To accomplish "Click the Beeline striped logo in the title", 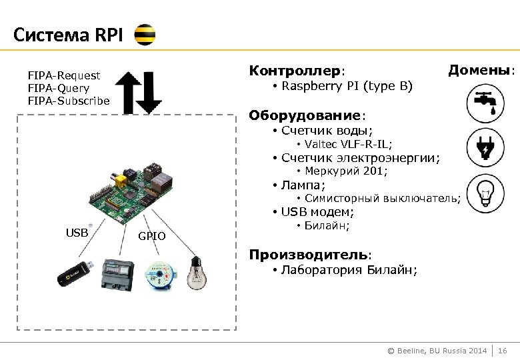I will (x=145, y=35).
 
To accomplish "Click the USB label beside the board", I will (x=77, y=233).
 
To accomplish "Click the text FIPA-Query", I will (x=59, y=88).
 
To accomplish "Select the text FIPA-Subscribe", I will (x=69, y=101).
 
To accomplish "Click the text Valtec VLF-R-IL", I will (x=348, y=144).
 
